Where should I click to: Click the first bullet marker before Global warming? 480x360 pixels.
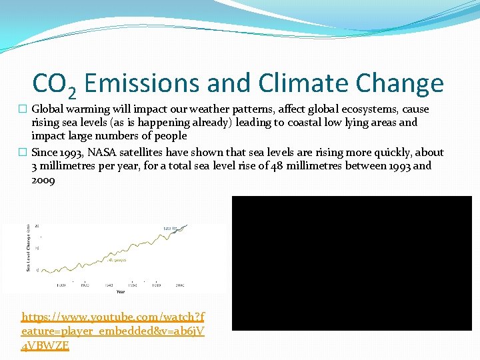point(25,109)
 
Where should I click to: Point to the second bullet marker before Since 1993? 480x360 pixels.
point(25,153)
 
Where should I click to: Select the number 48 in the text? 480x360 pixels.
point(277,166)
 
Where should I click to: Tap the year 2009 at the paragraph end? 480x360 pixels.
point(43,180)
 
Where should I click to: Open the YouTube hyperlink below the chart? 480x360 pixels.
point(113,331)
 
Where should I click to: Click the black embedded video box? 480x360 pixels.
point(351,263)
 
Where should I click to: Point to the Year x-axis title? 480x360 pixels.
point(120,291)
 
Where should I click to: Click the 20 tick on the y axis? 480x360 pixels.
point(37,226)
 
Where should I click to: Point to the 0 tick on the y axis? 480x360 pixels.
point(37,270)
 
